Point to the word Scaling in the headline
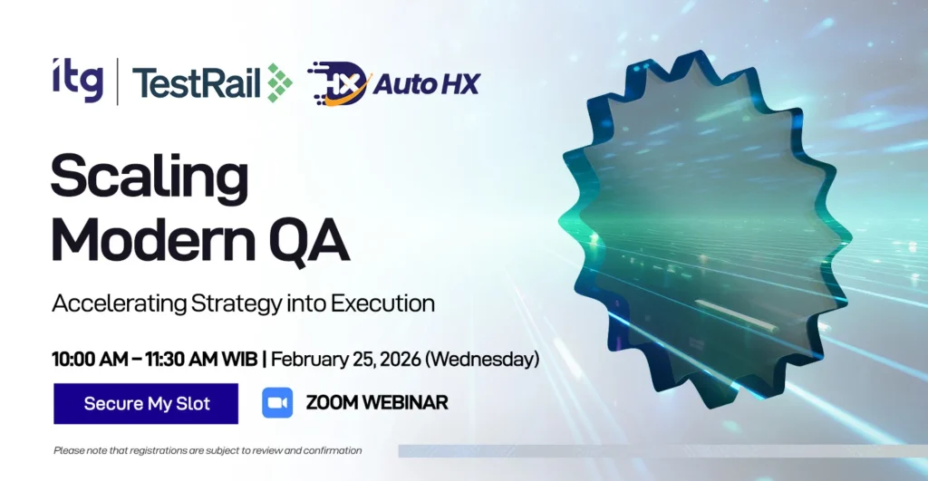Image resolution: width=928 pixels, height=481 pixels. pyautogui.click(x=150, y=178)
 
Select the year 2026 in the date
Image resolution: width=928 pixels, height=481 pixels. pyautogui.click(x=400, y=359)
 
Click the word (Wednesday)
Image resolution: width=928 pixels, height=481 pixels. pyautogui.click(x=483, y=359)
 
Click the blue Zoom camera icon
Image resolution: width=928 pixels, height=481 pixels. pyautogui.click(x=277, y=403)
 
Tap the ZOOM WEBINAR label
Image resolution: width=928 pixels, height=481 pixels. pyautogui.click(x=377, y=403)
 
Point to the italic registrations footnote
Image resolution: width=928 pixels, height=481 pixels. pyautogui.click(x=208, y=450)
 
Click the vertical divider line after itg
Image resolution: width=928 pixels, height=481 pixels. pyautogui.click(x=118, y=82)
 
